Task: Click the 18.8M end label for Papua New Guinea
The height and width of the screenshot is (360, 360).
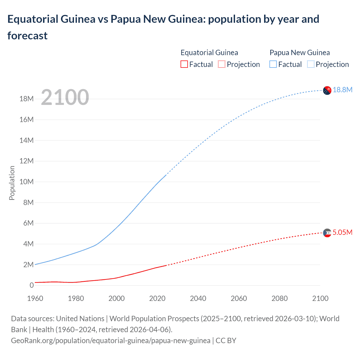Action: pyautogui.click(x=342, y=90)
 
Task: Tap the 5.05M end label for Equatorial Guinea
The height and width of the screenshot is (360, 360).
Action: pyautogui.click(x=342, y=232)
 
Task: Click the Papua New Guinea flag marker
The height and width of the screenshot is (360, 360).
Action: pyautogui.click(x=327, y=91)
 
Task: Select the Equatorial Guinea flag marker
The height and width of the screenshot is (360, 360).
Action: pyautogui.click(x=327, y=233)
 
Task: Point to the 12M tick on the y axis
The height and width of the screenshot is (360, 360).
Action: pyautogui.click(x=26, y=161)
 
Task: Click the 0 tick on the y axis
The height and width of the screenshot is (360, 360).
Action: pyautogui.click(x=31, y=285)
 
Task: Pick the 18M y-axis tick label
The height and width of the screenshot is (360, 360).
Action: pyautogui.click(x=26, y=99)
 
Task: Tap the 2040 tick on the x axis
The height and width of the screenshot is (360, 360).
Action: pyautogui.click(x=198, y=298)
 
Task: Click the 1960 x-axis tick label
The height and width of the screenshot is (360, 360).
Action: pyautogui.click(x=35, y=298)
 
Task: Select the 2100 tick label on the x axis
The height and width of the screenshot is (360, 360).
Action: pyautogui.click(x=320, y=298)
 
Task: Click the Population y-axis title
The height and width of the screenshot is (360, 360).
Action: pyautogui.click(x=12, y=183)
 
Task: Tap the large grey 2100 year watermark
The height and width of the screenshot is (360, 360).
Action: pyautogui.click(x=65, y=97)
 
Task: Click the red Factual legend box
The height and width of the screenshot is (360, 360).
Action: pyautogui.click(x=184, y=64)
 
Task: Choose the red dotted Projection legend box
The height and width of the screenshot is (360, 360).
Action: pyautogui.click(x=222, y=64)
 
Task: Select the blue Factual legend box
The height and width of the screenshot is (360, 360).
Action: pyautogui.click(x=273, y=64)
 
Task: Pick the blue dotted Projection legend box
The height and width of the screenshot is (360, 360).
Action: pyautogui.click(x=310, y=64)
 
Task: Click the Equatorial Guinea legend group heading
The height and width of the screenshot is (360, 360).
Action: pyautogui.click(x=209, y=53)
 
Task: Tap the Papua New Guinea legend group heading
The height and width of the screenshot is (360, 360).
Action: pyautogui.click(x=300, y=53)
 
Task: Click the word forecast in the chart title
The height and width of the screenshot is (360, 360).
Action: pyautogui.click(x=28, y=36)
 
